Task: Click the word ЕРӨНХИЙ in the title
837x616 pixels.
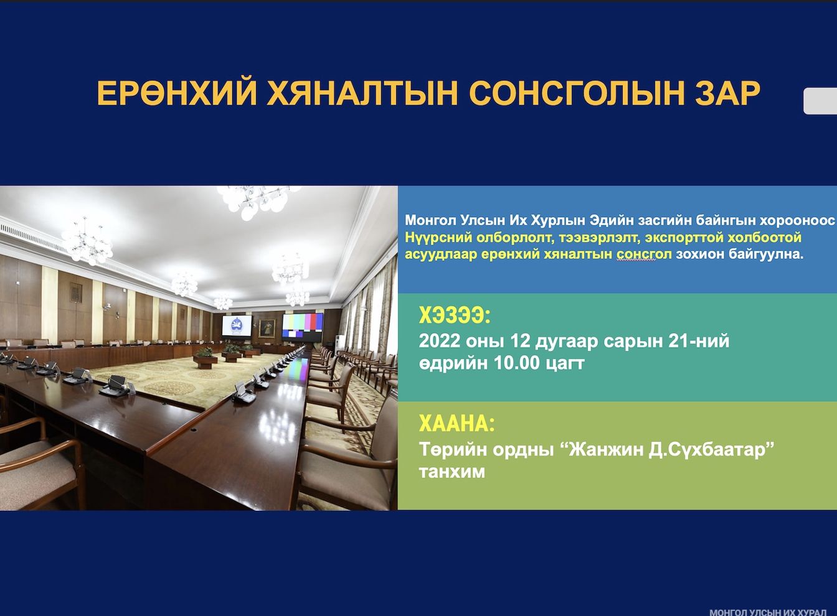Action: point(177,93)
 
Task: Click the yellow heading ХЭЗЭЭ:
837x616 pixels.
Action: point(455,315)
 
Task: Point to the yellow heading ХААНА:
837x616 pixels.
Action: point(456,424)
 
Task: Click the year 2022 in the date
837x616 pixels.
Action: point(440,341)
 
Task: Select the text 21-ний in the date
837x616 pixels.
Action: point(698,341)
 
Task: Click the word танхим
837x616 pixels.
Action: point(452,472)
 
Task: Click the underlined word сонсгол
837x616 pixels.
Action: point(644,254)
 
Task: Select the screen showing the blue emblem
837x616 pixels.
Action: point(237,326)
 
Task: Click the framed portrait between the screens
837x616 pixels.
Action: point(267,328)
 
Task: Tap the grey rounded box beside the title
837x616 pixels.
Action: point(820,101)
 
